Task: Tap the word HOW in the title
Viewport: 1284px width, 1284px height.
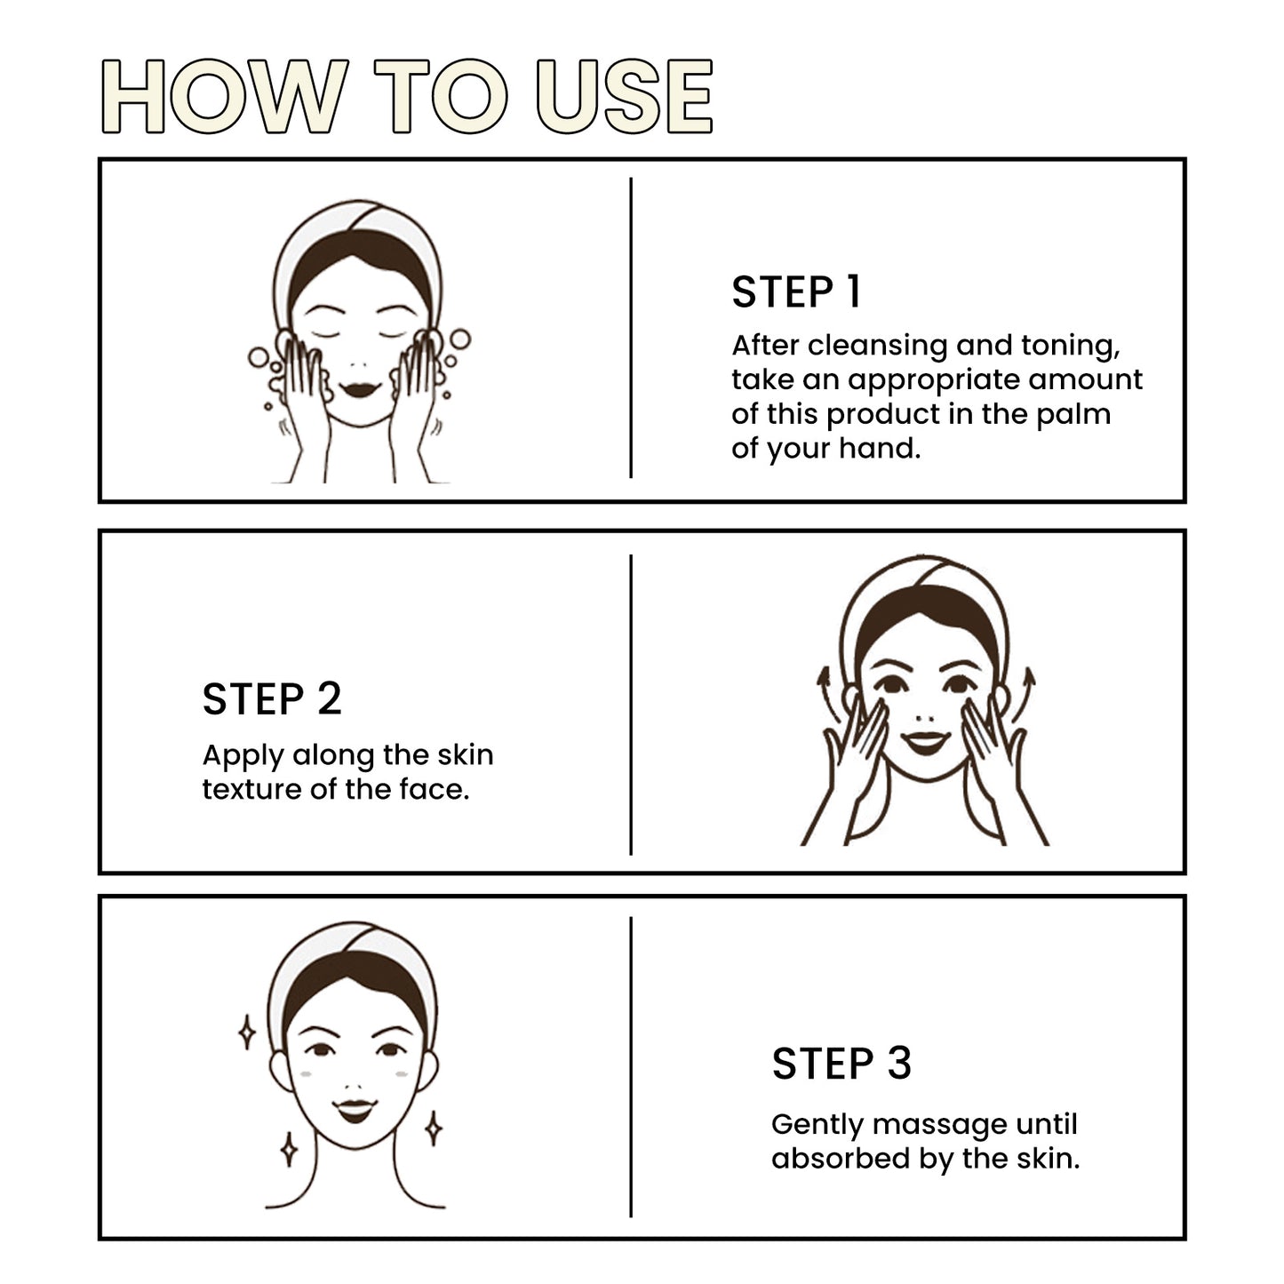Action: coord(223,97)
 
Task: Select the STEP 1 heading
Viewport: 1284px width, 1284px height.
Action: coord(796,292)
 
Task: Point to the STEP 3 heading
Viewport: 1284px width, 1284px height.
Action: coord(841,1064)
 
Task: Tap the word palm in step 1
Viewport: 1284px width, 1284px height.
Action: coord(1078,415)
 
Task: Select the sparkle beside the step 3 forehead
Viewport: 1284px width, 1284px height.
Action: coord(248,1033)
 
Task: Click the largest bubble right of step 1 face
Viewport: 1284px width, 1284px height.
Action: coord(460,340)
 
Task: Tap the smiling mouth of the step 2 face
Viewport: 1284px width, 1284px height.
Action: coord(926,741)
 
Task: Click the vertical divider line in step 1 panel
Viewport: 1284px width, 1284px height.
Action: coord(631,329)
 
